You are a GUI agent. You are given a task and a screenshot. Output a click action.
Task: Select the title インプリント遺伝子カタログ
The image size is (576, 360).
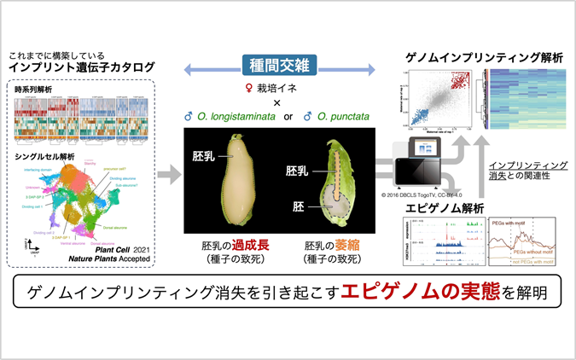[x=83, y=67]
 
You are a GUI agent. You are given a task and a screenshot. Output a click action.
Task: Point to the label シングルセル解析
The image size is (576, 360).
[x=44, y=156]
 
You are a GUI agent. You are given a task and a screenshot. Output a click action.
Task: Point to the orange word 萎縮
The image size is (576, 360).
[x=345, y=244]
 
